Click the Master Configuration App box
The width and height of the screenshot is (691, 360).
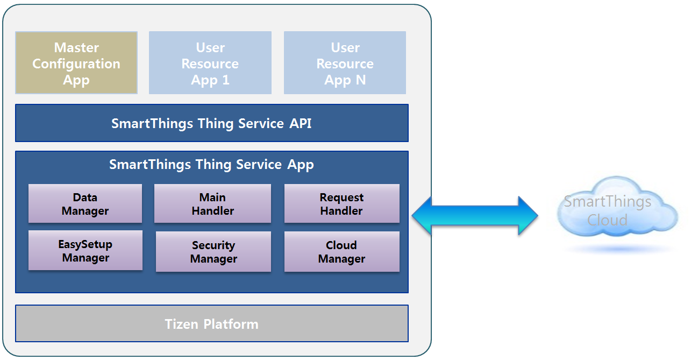pos(76,63)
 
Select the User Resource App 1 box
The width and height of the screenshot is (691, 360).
pos(210,63)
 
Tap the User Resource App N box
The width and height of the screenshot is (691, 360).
pos(345,63)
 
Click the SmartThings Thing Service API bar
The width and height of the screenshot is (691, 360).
pos(211,123)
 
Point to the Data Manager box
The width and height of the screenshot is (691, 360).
pos(85,204)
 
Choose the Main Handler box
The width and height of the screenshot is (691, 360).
pos(212,204)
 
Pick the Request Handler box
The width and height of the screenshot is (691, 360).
pos(341,204)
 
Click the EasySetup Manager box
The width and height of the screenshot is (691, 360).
pos(85,251)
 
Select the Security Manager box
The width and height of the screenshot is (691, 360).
pos(213,252)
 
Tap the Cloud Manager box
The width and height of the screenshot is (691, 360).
pos(341,252)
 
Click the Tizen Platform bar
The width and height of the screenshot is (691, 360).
pos(211,324)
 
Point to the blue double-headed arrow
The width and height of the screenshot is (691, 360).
pos(475,216)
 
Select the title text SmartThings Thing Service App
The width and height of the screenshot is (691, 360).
pos(211,164)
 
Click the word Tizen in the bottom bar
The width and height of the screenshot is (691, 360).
pos(181,324)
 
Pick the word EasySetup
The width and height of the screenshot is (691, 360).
pos(85,244)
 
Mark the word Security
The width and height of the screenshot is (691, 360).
pos(213,245)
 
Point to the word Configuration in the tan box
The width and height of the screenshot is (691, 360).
pos(76,63)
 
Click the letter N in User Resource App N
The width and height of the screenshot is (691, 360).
pos(360,80)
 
